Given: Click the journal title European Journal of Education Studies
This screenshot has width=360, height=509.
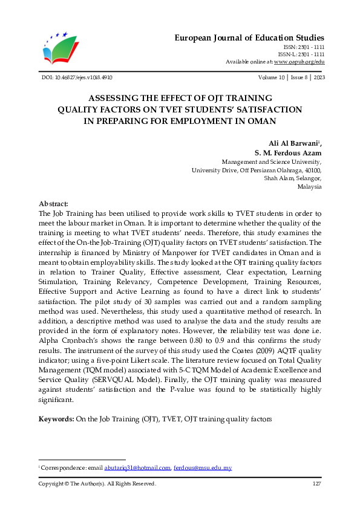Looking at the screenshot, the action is pos(250,37).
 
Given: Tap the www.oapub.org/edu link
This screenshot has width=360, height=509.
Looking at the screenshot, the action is pos(299,62).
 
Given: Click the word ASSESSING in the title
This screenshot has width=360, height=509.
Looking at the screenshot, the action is pos(114,98).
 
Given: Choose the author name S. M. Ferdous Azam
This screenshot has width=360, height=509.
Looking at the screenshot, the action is pos(287,153).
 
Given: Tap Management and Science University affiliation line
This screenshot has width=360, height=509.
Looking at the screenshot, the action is pos(272,162).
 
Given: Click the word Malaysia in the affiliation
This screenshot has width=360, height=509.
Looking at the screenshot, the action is pos(310,187).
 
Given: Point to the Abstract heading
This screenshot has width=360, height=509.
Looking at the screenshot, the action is pos(53,204).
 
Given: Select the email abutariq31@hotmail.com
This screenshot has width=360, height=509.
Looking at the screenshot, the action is pos(137,468).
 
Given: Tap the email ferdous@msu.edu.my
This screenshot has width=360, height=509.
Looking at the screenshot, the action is pos(203,468).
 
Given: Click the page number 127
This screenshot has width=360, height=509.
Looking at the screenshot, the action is pos(316,484).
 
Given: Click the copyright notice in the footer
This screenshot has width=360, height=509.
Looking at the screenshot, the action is pos(97,484).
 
